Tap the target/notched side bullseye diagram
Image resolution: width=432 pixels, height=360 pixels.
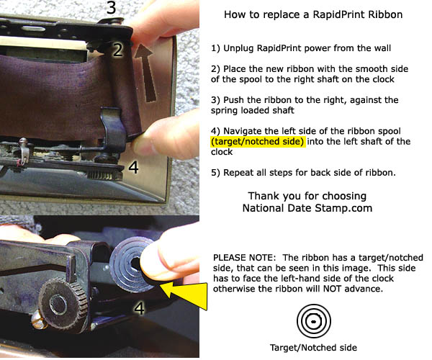click(x=314, y=321)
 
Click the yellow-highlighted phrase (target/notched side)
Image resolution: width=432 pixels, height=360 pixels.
click(x=258, y=142)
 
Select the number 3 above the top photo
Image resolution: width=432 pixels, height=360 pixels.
click(x=111, y=8)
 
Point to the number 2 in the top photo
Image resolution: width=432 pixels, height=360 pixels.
click(x=118, y=50)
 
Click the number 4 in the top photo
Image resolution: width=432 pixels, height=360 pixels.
click(x=134, y=167)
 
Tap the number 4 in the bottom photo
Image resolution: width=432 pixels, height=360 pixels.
click(x=139, y=308)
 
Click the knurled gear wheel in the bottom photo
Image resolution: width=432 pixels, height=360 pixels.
click(x=63, y=303)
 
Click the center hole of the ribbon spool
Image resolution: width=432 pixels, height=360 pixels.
click(x=135, y=264)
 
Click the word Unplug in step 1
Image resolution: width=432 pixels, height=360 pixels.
click(x=238, y=48)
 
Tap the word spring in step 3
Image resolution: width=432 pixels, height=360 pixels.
click(x=225, y=111)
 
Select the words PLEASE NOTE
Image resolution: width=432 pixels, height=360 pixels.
click(x=244, y=258)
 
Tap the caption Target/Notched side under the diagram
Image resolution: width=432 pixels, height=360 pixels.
click(x=313, y=348)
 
